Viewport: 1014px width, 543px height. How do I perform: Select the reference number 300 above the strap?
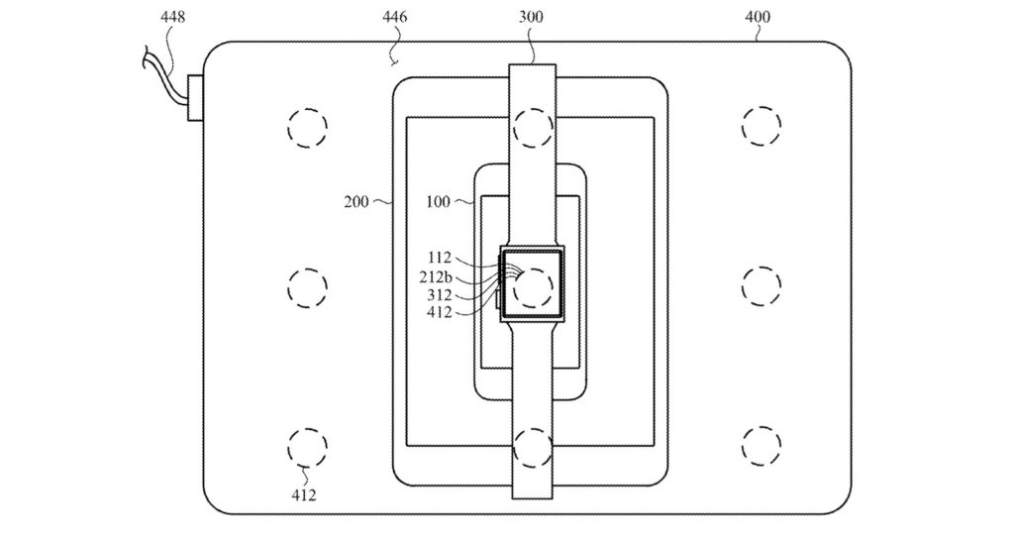(x=535, y=16)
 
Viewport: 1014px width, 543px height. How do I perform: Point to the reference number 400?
(x=759, y=16)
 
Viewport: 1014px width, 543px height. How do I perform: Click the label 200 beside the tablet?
(x=355, y=202)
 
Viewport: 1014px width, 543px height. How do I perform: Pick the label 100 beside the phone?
(x=437, y=202)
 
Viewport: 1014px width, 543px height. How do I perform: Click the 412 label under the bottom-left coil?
(x=304, y=494)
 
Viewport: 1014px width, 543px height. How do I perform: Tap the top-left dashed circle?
(x=307, y=127)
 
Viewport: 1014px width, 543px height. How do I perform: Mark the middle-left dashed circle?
(x=307, y=286)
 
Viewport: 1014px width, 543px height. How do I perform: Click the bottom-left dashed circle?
(x=307, y=446)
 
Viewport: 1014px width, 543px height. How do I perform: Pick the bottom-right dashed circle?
(x=760, y=446)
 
